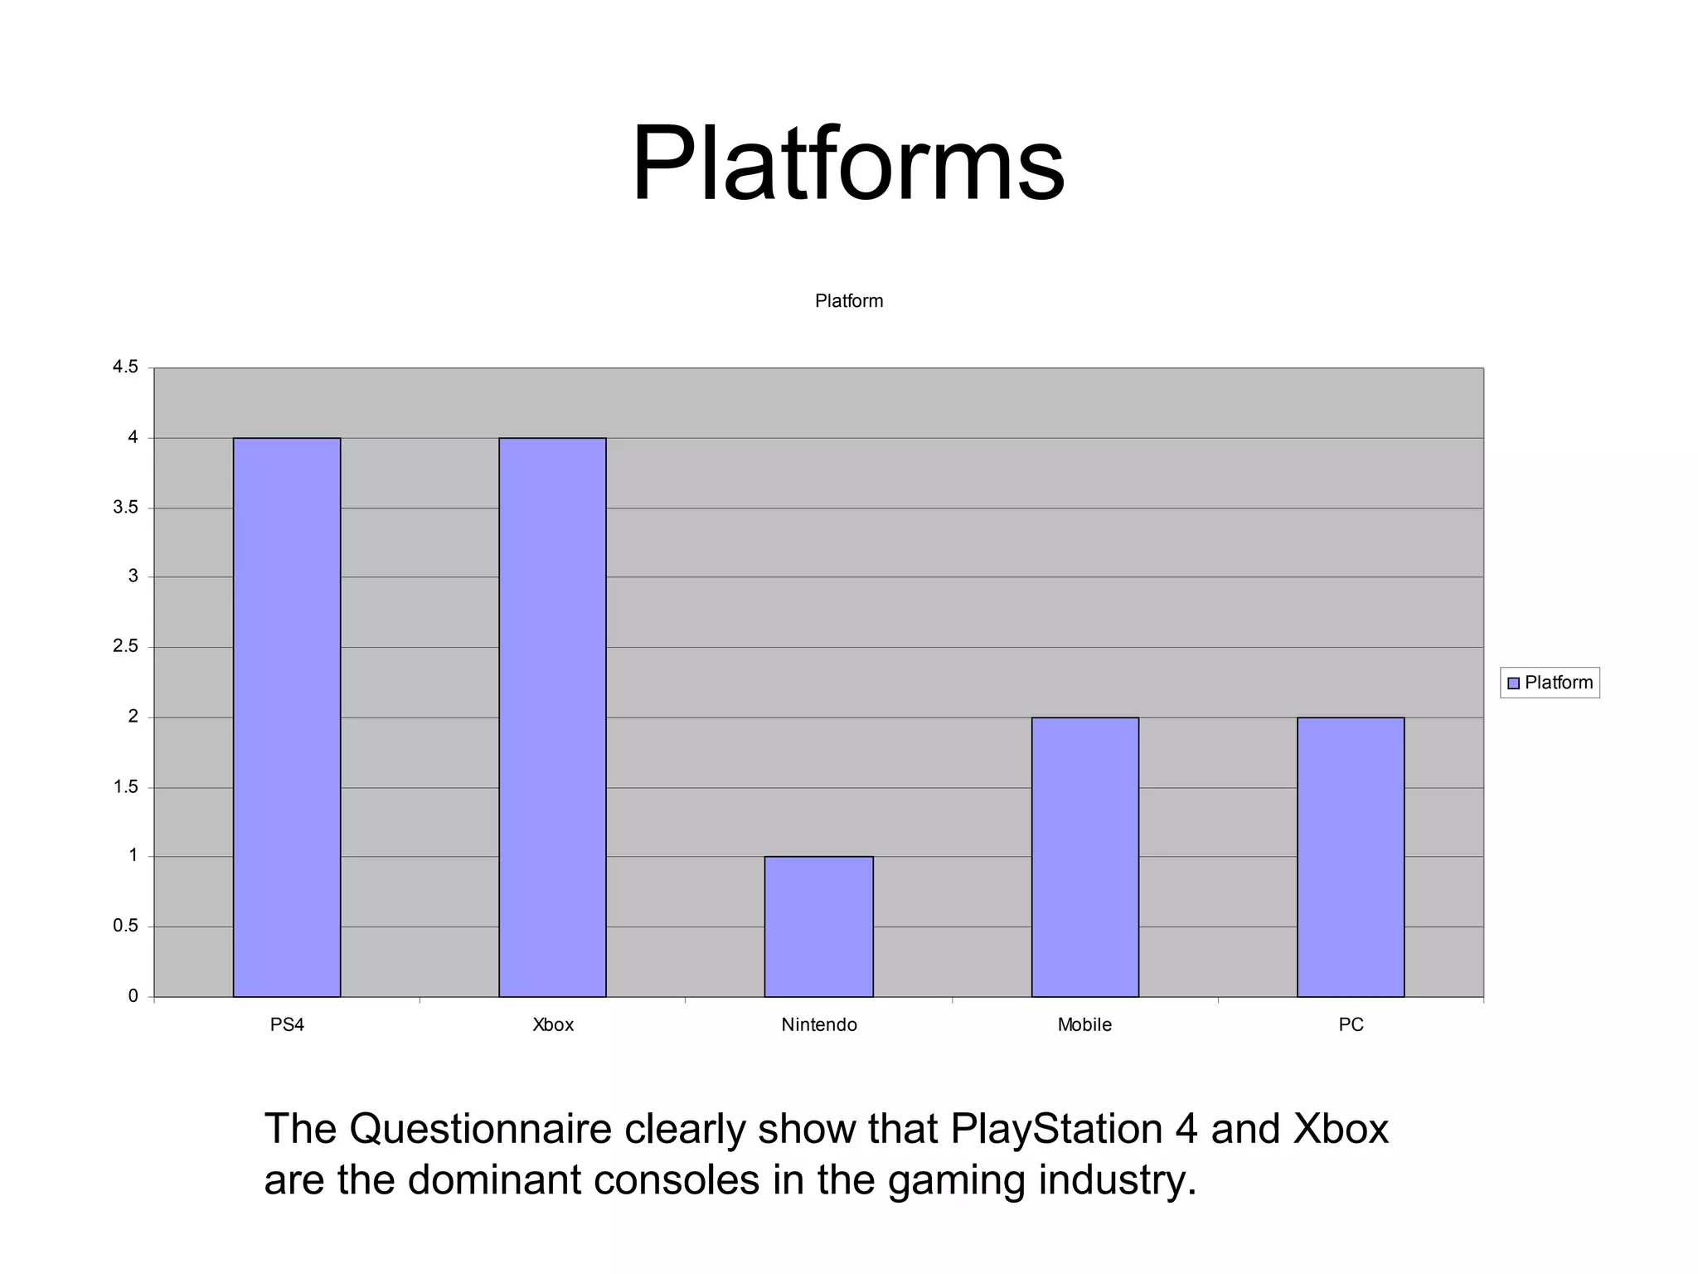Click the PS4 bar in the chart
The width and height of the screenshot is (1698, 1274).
click(x=287, y=717)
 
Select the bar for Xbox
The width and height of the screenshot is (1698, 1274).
click(x=552, y=717)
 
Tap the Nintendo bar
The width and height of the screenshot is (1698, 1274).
click(x=818, y=926)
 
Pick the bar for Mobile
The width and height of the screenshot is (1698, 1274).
click(x=1084, y=857)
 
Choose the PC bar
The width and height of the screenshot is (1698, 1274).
click(x=1351, y=857)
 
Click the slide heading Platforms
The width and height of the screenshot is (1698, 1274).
click(x=847, y=163)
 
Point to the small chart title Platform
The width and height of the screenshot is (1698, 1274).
click(x=849, y=301)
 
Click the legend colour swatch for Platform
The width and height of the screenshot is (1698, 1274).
click(x=1513, y=683)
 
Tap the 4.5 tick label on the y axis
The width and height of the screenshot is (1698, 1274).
click(x=126, y=367)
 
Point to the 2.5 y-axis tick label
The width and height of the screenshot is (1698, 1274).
click(x=126, y=646)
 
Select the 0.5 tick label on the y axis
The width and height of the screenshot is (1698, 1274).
click(x=126, y=926)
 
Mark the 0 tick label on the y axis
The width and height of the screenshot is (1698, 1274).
click(x=133, y=996)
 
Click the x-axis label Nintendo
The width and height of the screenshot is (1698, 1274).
click(x=819, y=1025)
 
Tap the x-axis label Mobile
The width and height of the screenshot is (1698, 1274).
click(x=1084, y=1025)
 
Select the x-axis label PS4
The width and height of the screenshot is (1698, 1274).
click(x=288, y=1025)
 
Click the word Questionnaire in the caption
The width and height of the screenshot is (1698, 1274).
click(x=480, y=1129)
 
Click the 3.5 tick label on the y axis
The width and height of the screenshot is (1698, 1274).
click(x=126, y=507)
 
